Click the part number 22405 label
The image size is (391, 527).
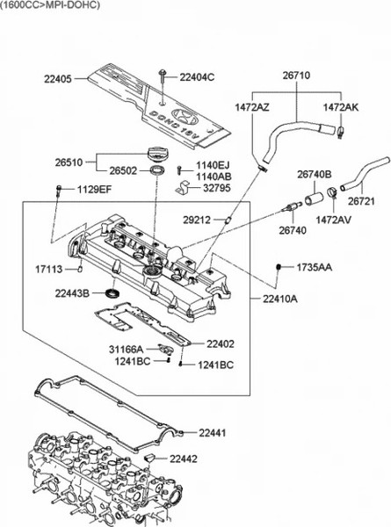(x=58, y=79)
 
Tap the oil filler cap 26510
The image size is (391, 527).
(x=156, y=155)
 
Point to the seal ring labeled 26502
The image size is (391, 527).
(x=157, y=170)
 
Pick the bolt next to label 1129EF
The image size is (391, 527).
(x=59, y=190)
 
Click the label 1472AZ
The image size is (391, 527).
(x=252, y=107)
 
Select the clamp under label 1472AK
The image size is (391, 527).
(x=340, y=132)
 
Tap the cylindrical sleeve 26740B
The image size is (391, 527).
(x=315, y=199)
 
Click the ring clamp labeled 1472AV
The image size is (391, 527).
(x=332, y=192)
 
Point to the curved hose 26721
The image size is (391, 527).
(x=364, y=173)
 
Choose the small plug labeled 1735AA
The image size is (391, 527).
(x=279, y=267)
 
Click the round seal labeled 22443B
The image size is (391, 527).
(x=112, y=292)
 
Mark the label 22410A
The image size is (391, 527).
(x=280, y=299)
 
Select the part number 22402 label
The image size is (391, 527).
(x=221, y=343)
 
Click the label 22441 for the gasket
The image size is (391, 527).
(x=212, y=432)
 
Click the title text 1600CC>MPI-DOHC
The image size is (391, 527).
(x=50, y=5)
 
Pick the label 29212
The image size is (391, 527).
(x=197, y=220)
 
